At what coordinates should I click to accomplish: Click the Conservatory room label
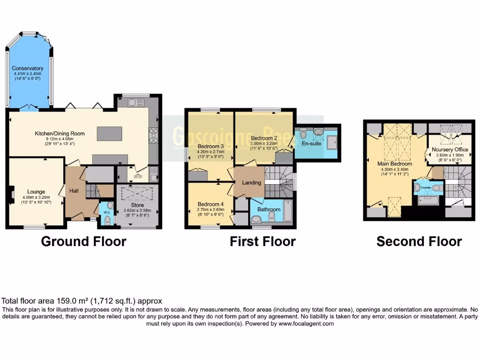pyautogui.click(x=28, y=69)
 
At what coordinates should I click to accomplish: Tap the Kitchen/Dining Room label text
pyautogui.click(x=60, y=134)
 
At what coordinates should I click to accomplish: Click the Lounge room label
pyautogui.click(x=36, y=191)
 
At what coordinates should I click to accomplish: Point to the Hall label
pyautogui.click(x=74, y=191)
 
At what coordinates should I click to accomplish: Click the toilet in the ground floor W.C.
pyautogui.click(x=108, y=218)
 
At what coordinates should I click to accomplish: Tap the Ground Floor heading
pyautogui.click(x=83, y=241)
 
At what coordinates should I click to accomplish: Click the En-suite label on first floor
pyautogui.click(x=311, y=143)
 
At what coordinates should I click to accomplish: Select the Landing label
pyautogui.click(x=252, y=182)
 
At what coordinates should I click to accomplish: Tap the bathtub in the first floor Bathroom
pyautogui.click(x=287, y=212)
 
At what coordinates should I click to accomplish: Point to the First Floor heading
pyautogui.click(x=262, y=241)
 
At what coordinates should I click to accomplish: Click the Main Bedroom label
pyautogui.click(x=395, y=164)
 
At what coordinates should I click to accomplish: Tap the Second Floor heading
pyautogui.click(x=419, y=241)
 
